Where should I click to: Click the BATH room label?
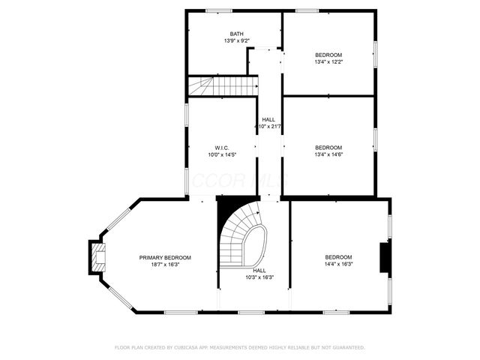pos(236,34)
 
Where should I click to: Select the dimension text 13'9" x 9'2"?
pos(236,40)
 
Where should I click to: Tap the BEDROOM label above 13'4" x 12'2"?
pos(328,55)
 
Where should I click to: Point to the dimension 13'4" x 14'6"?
pos(328,154)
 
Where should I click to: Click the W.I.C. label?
pos(222,148)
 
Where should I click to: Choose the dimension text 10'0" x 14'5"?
pos(222,154)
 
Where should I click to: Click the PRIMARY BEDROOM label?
pos(165,257)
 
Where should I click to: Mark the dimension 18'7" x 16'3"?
pos(165,264)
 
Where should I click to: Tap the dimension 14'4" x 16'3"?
pos(339,264)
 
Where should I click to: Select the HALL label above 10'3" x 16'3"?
pos(259,271)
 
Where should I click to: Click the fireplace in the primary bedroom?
pos(97,256)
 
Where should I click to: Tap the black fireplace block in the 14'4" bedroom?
pos(385,257)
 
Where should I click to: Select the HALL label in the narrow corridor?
pos(268,120)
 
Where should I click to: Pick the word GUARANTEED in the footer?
pos(345,347)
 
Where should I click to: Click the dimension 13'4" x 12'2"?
pos(328,61)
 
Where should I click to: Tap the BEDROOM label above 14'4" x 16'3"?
pos(339,257)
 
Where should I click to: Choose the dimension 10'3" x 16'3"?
pos(259,277)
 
